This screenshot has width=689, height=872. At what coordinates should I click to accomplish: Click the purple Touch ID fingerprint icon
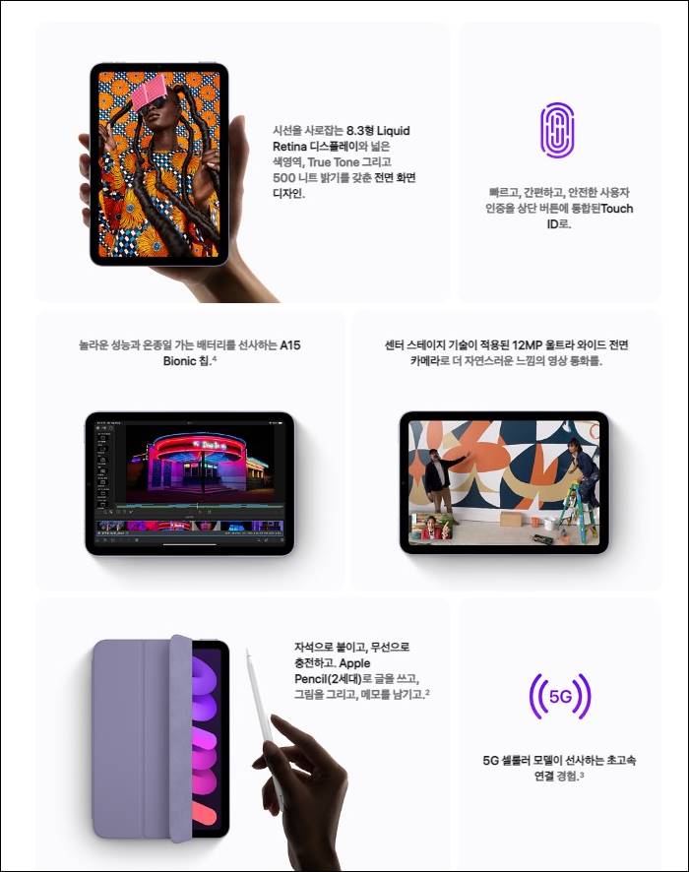[x=557, y=129]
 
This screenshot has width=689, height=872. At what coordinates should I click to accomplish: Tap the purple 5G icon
[x=559, y=696]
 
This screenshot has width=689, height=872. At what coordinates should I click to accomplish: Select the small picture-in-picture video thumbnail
[x=432, y=527]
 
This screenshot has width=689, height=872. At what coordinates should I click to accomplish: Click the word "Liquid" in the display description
[x=393, y=131]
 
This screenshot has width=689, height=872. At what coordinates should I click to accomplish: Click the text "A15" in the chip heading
[x=289, y=344]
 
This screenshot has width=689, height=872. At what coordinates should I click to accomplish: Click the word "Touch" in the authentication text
[x=617, y=209]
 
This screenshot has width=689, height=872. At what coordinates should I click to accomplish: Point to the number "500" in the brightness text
[x=284, y=177]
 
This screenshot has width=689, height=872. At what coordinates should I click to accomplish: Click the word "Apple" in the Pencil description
[x=354, y=663]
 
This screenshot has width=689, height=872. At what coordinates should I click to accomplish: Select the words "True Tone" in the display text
[x=333, y=161]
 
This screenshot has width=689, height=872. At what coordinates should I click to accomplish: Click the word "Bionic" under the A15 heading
[x=180, y=360]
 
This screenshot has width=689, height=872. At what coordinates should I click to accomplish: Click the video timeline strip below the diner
[x=190, y=527]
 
